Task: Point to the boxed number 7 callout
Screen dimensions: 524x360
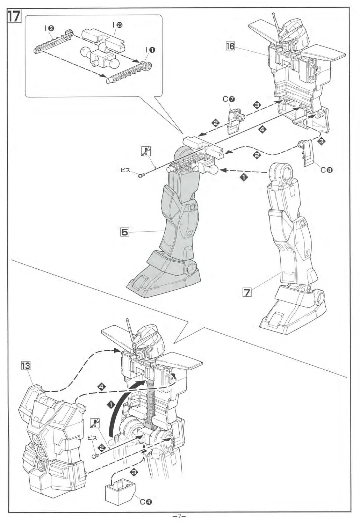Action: (x=247, y=292)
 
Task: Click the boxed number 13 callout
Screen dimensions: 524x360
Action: (x=26, y=366)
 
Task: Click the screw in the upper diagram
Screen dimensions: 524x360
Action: (x=141, y=176)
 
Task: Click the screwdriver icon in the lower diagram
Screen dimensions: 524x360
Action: (x=94, y=423)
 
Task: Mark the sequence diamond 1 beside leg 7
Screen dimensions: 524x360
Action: (x=242, y=177)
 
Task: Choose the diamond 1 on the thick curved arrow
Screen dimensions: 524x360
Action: (x=111, y=405)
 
